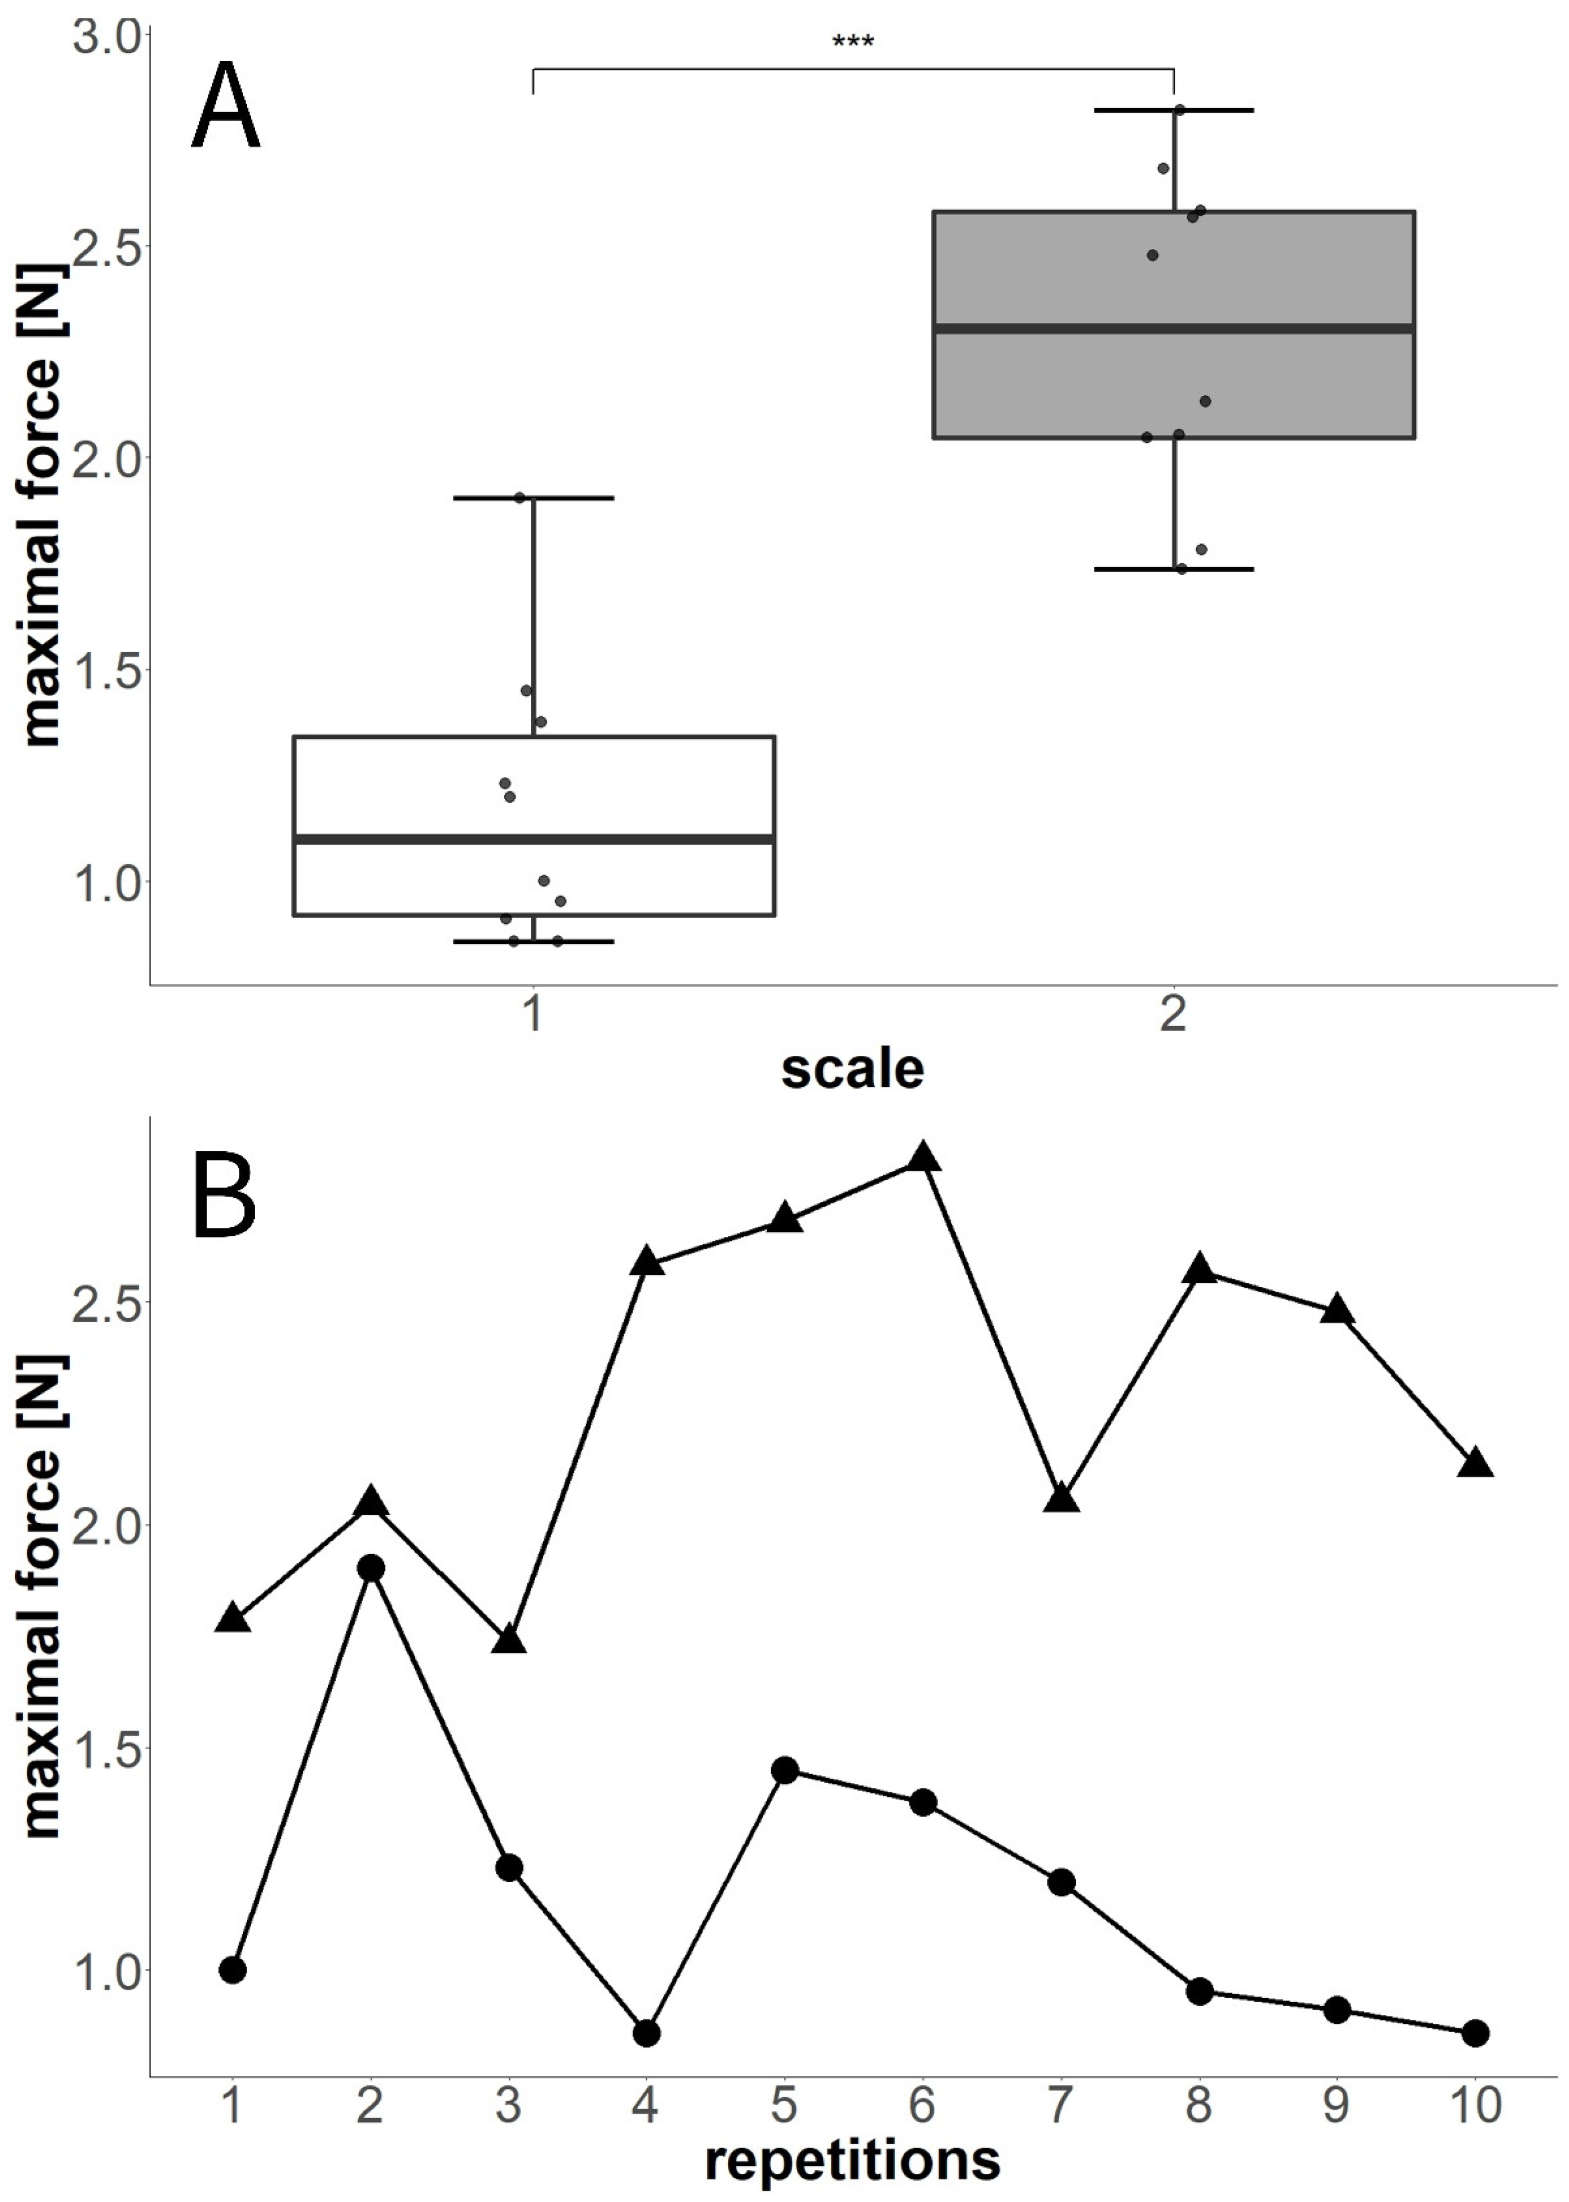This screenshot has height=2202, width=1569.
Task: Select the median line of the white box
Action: [534, 838]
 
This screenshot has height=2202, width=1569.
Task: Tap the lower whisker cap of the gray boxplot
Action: [1173, 569]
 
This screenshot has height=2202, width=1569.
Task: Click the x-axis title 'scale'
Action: [852, 1069]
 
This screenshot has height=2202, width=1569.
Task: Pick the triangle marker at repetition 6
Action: [923, 1157]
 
